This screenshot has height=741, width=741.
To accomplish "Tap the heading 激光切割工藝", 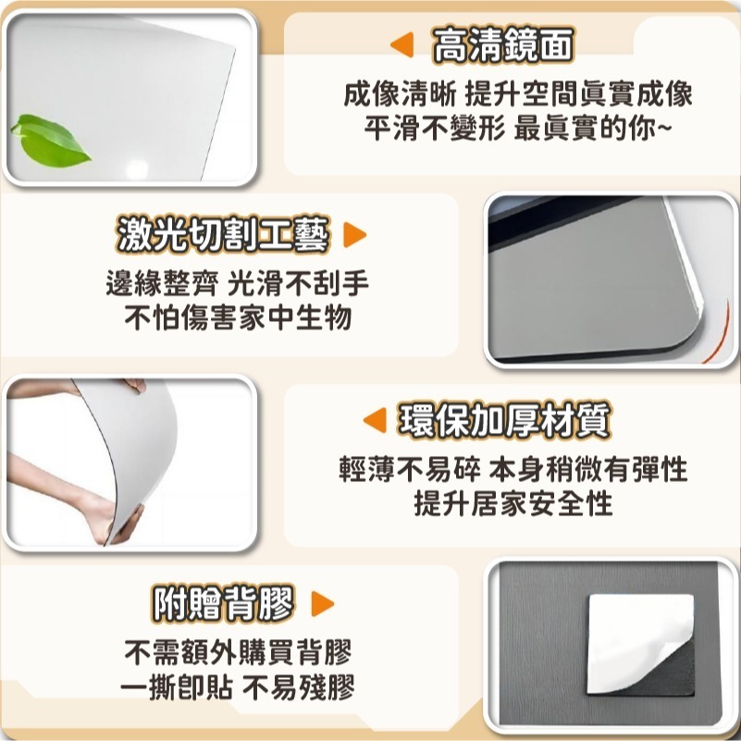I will tap(223, 236).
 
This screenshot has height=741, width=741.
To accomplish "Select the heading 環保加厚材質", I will tap(504, 421).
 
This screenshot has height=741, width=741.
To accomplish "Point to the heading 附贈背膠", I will tap(223, 605).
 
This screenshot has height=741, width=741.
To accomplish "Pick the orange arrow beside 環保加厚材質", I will tap(374, 422).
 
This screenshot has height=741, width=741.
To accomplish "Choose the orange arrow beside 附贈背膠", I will tap(322, 605).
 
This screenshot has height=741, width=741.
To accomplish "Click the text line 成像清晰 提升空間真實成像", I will tap(518, 93).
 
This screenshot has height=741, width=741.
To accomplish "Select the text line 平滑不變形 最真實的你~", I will tap(518, 127).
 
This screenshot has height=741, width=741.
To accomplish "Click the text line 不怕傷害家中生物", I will tap(238, 318).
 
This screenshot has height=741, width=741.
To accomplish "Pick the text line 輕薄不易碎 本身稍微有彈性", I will tap(513, 470).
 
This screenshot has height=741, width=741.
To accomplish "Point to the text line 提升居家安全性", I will tap(513, 503).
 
